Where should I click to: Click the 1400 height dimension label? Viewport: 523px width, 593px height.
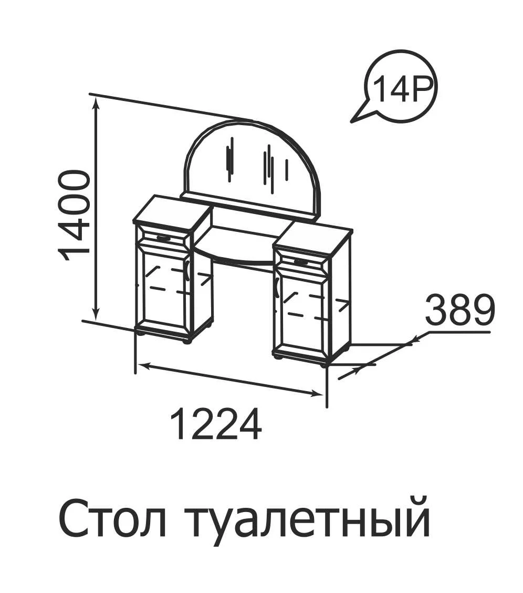[75, 216]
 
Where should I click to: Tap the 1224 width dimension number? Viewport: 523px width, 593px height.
[216, 424]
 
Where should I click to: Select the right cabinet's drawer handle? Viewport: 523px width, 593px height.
[301, 261]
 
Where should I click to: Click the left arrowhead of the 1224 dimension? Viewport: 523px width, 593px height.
[144, 365]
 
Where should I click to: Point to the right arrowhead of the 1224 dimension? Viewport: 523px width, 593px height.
[315, 394]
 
